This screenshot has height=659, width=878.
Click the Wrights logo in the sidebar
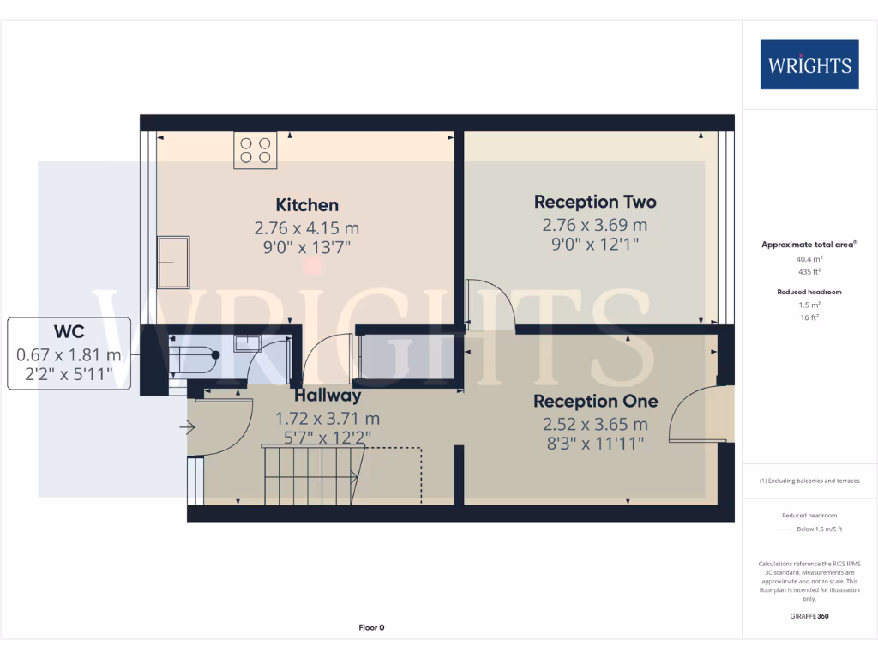point(809,64)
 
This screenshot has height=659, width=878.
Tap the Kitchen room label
point(307,205)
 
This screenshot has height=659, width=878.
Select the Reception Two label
point(595,202)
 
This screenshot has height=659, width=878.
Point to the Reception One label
point(595,401)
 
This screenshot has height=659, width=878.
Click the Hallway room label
point(328,396)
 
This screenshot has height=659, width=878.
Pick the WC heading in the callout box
point(69,331)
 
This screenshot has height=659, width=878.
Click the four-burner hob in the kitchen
point(256,151)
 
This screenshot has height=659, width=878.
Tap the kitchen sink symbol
point(175,262)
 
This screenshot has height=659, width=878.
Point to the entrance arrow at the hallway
point(187,426)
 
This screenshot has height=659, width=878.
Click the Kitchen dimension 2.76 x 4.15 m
point(306,228)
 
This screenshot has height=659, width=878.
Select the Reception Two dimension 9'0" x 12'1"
point(595,245)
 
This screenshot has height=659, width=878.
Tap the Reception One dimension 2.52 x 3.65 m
point(595,424)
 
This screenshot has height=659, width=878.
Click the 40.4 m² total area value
point(809,258)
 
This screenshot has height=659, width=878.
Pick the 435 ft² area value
point(809,271)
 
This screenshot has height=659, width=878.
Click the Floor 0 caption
point(371,627)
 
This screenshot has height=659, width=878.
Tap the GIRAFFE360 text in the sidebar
point(809,616)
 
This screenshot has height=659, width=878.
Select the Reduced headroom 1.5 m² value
point(809,305)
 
